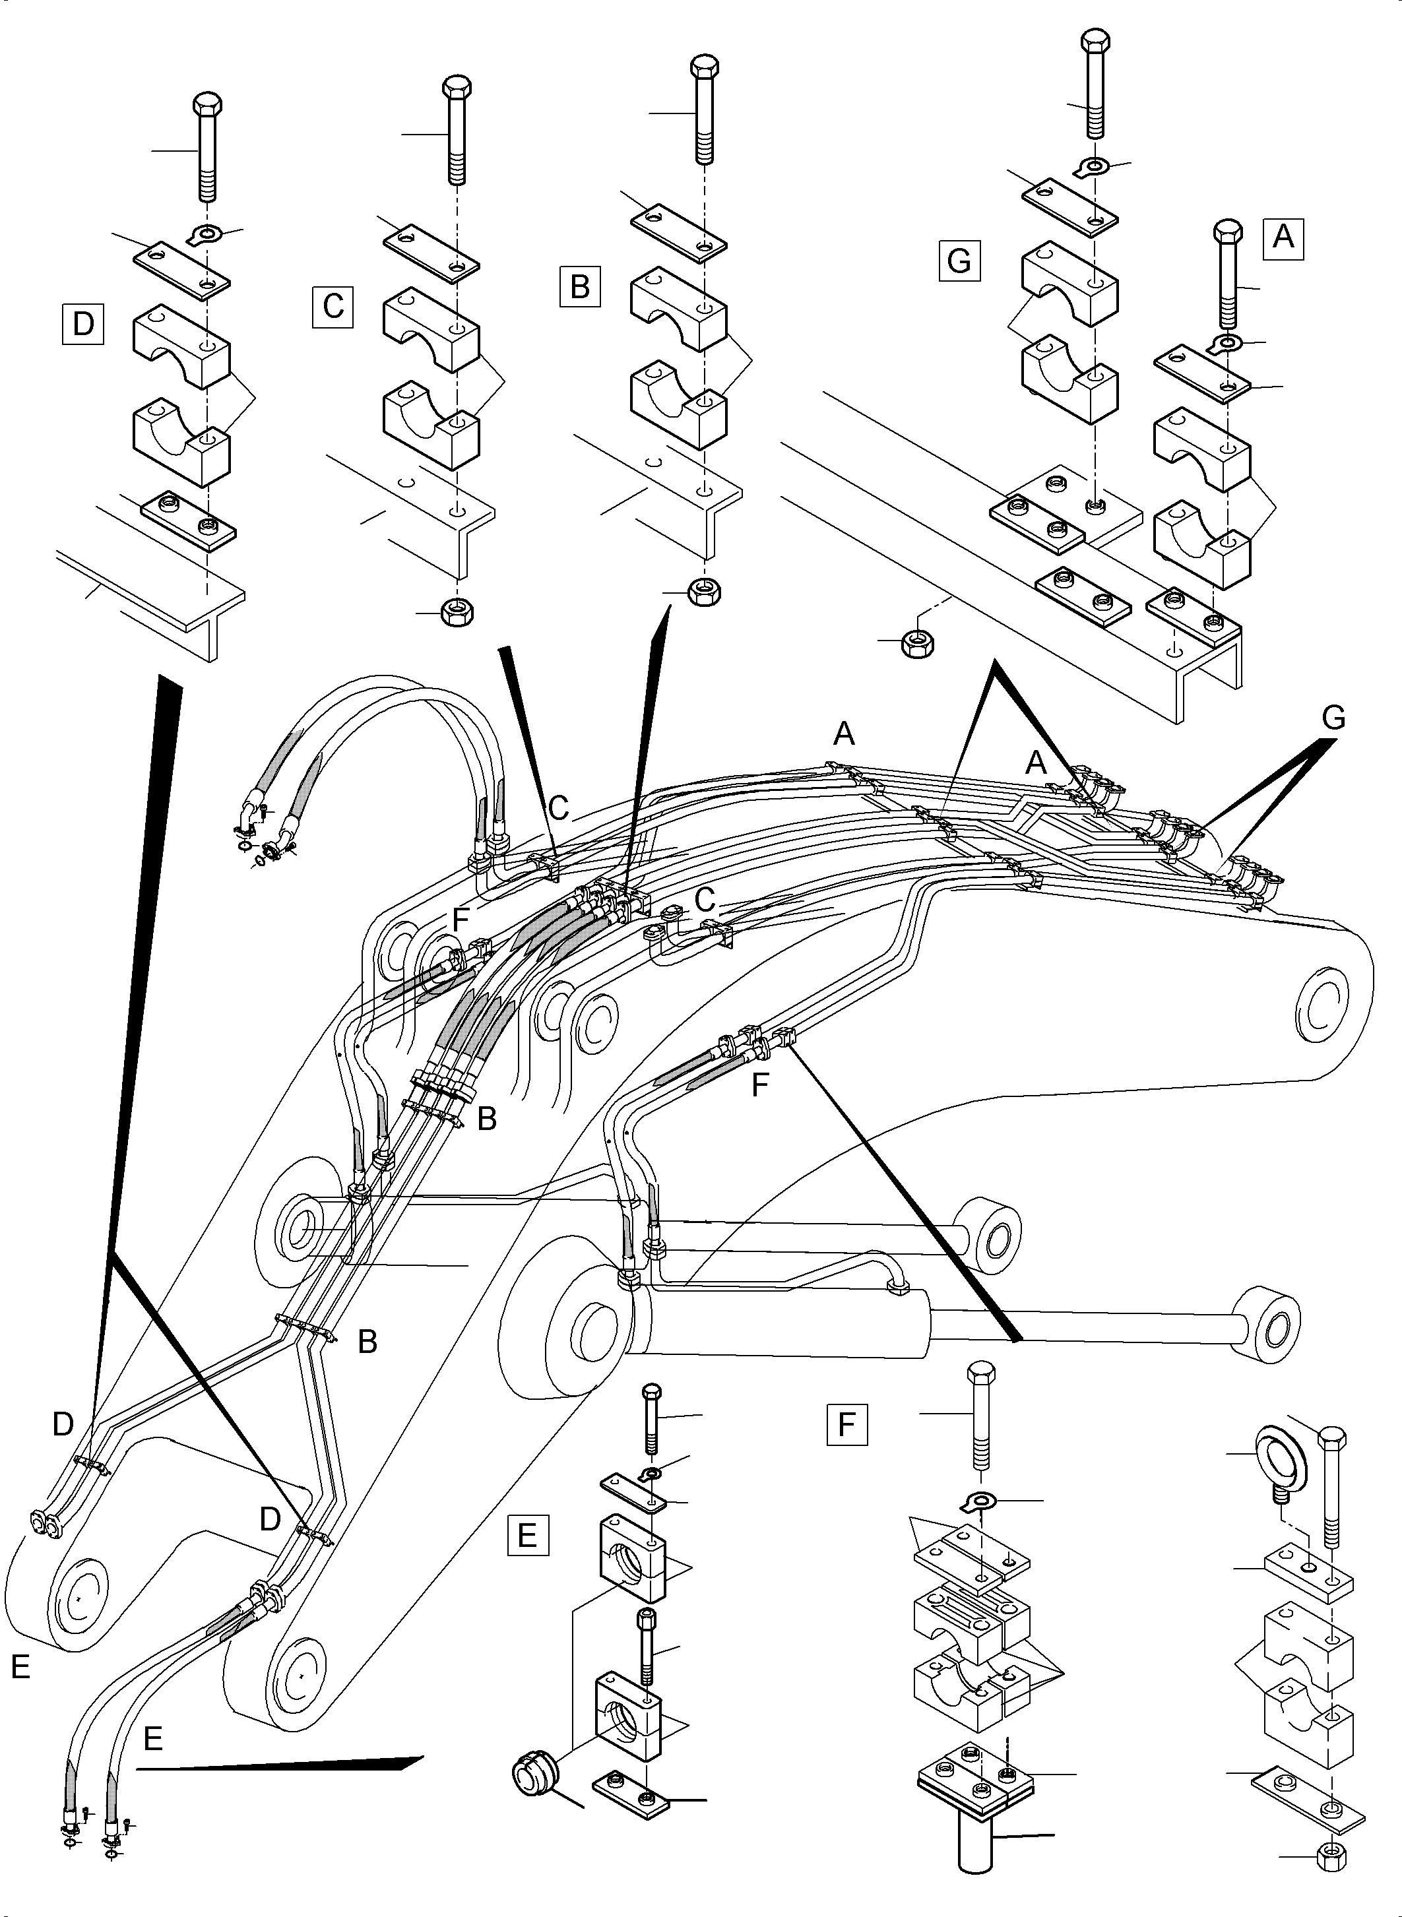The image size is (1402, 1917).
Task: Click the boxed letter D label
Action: (83, 324)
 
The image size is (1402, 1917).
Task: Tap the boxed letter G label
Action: (959, 261)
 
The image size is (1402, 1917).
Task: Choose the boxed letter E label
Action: (527, 1535)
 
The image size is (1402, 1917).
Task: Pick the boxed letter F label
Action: (846, 1424)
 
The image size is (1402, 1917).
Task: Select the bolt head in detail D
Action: (208, 106)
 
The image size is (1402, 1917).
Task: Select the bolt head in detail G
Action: (1095, 42)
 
